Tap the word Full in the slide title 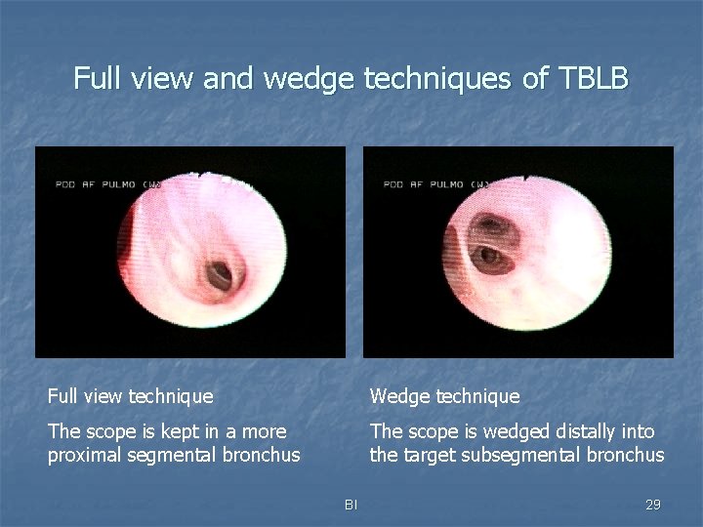pyautogui.click(x=97, y=79)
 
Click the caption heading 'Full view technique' pyautogui.click(x=130, y=396)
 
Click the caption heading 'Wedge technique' pyautogui.click(x=444, y=396)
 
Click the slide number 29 pyautogui.click(x=653, y=505)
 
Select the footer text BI pyautogui.click(x=351, y=505)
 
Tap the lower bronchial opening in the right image pyautogui.click(x=488, y=258)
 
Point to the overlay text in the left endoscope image pyautogui.click(x=108, y=183)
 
